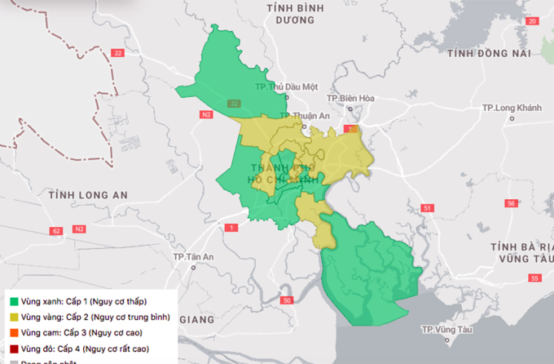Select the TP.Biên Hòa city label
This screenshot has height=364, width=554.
tap(350, 98)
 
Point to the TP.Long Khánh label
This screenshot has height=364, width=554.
tap(512, 107)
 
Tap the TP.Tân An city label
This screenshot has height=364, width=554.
tap(193, 257)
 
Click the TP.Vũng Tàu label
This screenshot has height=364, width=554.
tap(447, 330)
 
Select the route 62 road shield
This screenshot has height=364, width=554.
tap(55, 232)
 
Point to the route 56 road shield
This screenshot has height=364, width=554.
tap(511, 202)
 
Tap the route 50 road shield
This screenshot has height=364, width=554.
tap(286, 301)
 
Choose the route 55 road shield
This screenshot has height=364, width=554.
tap(534, 279)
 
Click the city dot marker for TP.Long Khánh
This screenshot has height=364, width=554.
tap(512, 118)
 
